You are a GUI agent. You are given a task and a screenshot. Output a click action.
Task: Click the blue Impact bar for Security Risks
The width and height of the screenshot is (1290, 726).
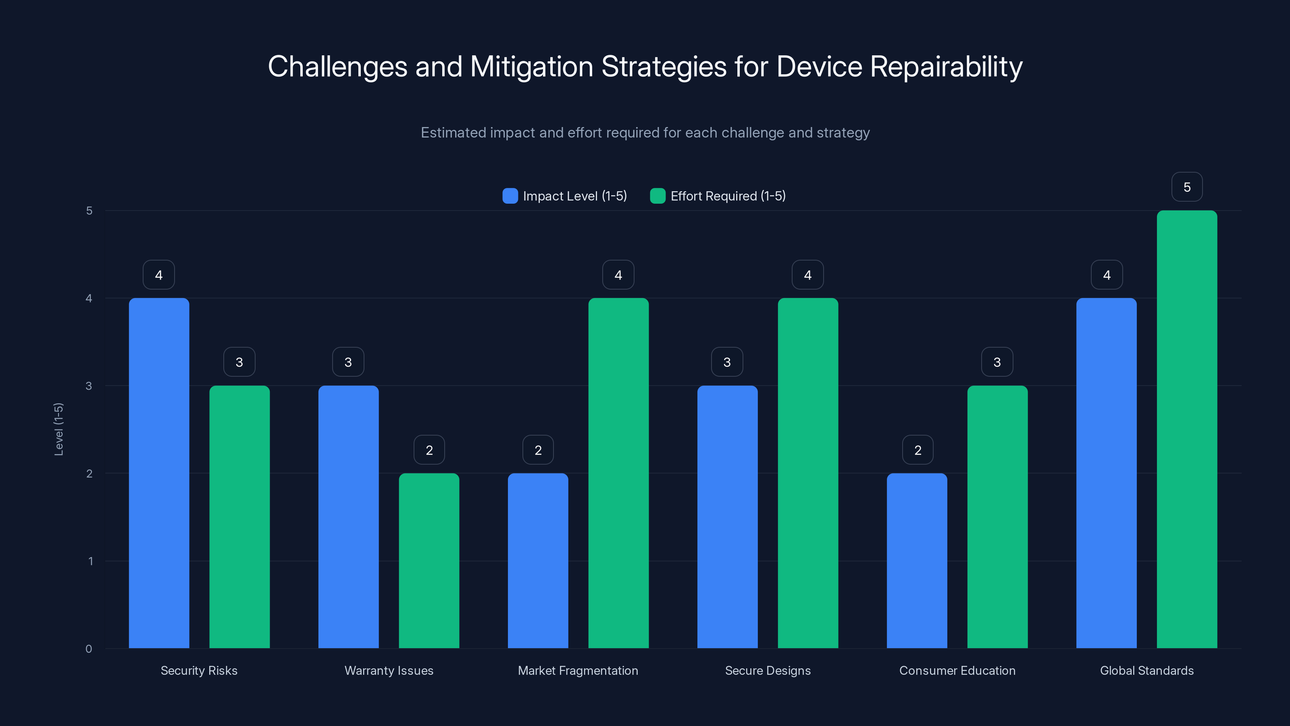tap(159, 473)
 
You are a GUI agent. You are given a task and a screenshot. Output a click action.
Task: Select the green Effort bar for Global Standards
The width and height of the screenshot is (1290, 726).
tap(1186, 430)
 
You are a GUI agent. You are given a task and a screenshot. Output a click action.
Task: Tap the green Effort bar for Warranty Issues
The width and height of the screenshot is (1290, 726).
tap(429, 561)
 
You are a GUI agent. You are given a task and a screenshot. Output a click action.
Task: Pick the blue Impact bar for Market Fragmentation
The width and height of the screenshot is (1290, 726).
tap(538, 561)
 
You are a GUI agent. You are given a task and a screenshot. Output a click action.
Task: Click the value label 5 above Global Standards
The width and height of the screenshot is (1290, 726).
tap(1186, 187)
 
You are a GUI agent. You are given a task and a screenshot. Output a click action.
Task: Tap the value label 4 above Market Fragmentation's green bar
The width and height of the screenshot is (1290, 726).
tap(618, 275)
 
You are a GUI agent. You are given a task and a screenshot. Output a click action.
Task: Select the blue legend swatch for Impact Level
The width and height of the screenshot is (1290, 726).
tap(510, 196)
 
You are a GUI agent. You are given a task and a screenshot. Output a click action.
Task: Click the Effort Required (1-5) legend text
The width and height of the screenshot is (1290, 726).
tap(728, 196)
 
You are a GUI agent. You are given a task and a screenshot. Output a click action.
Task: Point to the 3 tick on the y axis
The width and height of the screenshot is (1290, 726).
tap(89, 386)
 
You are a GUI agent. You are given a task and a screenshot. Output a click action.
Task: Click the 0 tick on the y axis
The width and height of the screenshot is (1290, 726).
tap(89, 649)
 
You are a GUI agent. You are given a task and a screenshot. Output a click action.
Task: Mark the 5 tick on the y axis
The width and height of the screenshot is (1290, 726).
tap(89, 211)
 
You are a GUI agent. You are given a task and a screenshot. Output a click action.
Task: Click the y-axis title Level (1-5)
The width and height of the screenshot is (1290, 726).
tap(58, 429)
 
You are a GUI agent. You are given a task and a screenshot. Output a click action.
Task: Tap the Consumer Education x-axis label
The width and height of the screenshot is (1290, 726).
tap(957, 670)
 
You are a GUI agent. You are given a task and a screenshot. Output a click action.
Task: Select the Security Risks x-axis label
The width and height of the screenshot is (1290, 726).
tap(199, 670)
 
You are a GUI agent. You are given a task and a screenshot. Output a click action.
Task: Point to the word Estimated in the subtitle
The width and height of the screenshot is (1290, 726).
tap(453, 132)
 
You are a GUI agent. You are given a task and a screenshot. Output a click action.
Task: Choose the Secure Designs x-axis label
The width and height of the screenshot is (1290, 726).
tap(767, 670)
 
